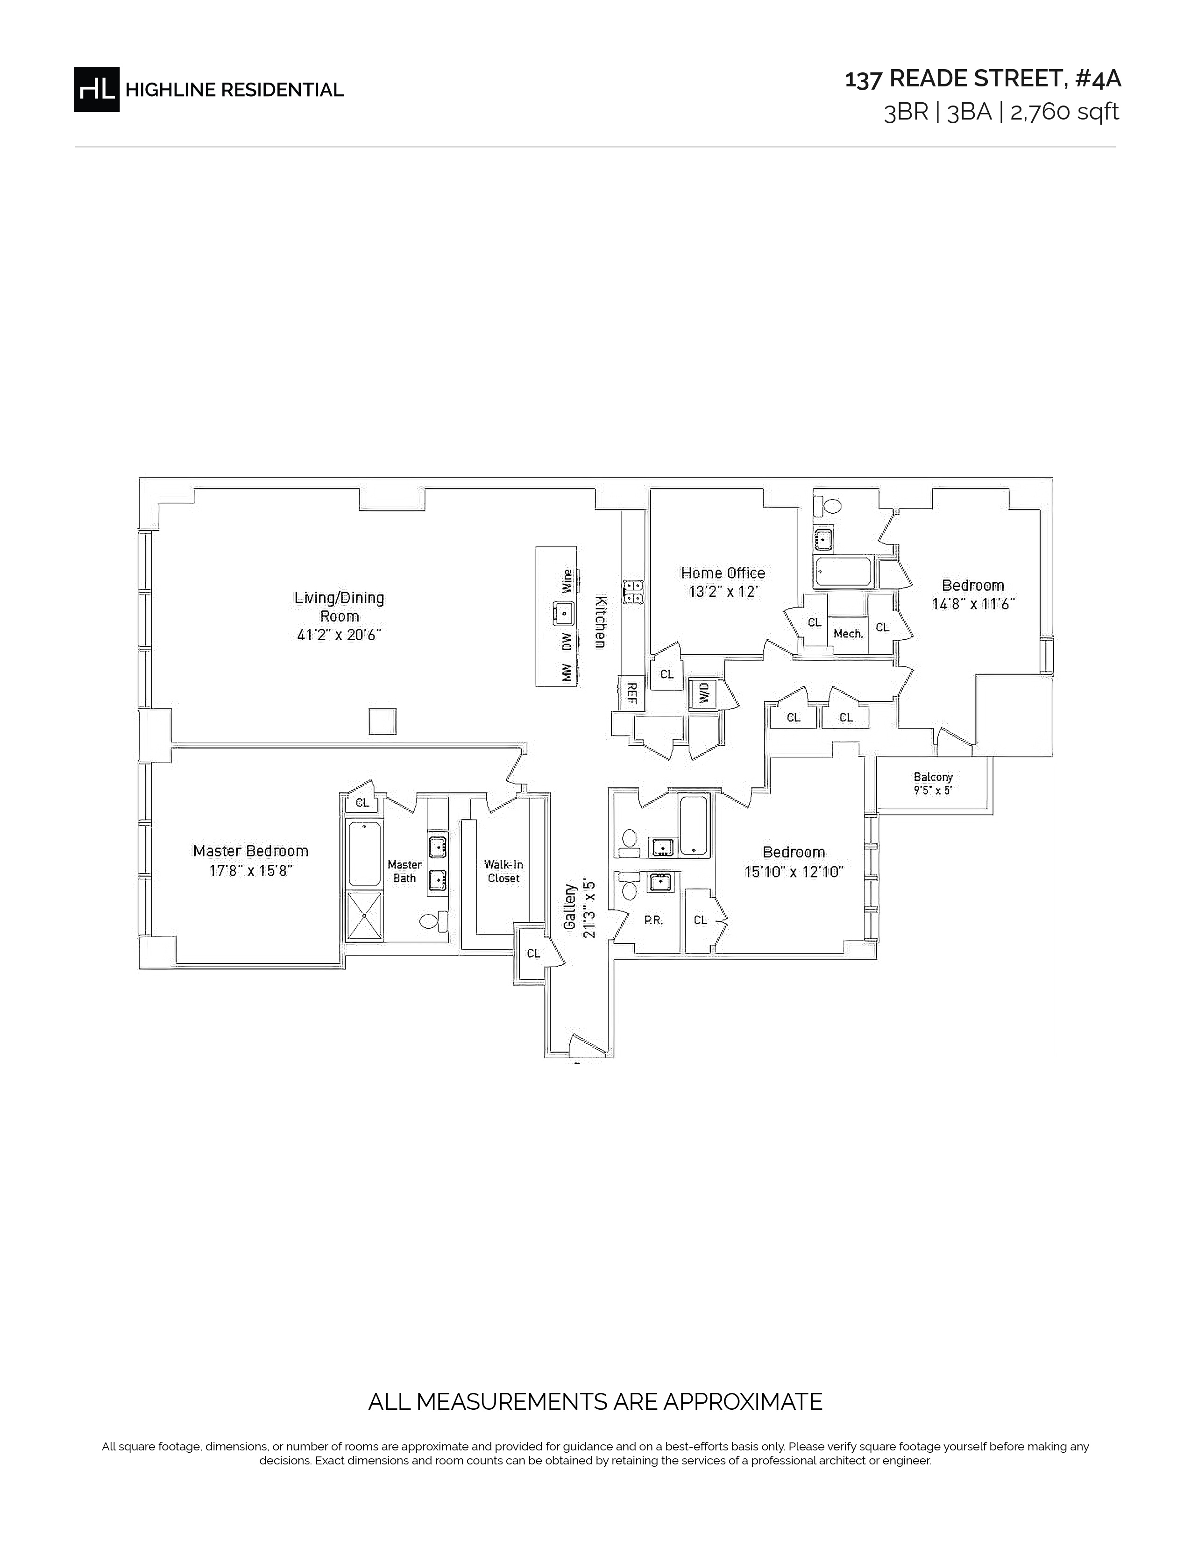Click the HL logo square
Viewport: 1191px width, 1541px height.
coord(97,90)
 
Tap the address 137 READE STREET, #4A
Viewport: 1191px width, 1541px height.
coord(983,79)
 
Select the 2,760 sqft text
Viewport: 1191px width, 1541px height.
coord(1065,112)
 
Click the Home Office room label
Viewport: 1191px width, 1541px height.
coord(723,573)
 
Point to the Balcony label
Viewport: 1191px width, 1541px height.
coord(933,777)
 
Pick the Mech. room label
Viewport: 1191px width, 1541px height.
coord(848,634)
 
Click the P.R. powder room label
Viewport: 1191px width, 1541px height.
coord(653,920)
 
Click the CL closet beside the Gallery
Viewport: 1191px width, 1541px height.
coord(533,953)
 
